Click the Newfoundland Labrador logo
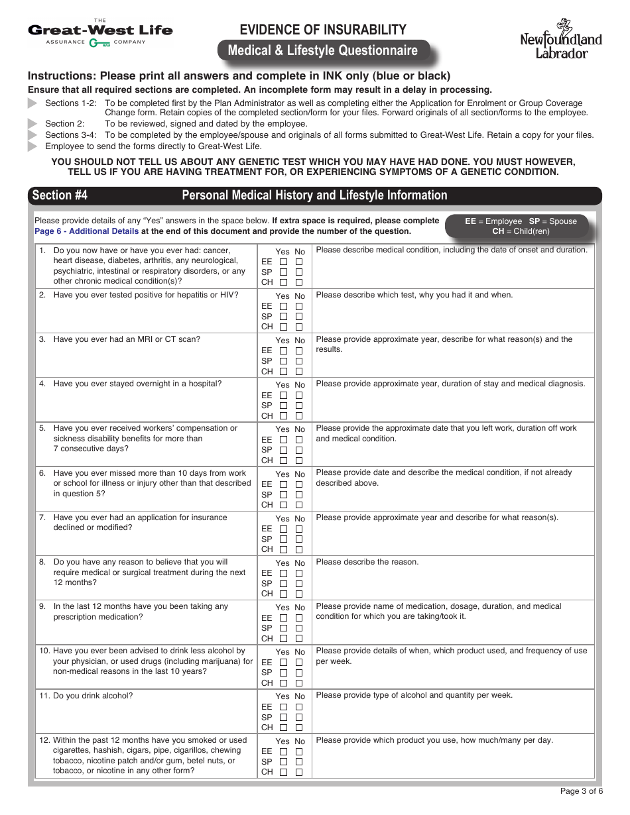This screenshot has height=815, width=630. click(x=561, y=40)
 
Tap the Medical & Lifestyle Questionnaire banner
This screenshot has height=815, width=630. click(x=323, y=51)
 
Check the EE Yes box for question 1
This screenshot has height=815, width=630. click(x=283, y=262)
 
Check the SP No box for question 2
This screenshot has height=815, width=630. click(x=299, y=317)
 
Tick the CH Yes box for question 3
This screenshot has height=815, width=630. click(x=283, y=372)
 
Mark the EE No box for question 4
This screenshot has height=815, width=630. click(x=299, y=396)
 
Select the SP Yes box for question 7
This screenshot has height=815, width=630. click(x=283, y=539)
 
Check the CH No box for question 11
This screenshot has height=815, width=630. click(x=299, y=728)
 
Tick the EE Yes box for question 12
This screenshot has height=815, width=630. click(x=283, y=751)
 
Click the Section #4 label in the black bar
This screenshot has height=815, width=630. click(x=60, y=195)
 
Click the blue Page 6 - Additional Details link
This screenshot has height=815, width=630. click(x=87, y=231)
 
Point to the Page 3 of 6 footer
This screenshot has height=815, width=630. click(x=581, y=790)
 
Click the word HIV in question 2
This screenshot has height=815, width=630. click(x=229, y=295)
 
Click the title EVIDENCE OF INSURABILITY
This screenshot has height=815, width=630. click(x=323, y=30)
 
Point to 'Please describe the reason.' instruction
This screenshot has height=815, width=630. click(x=367, y=562)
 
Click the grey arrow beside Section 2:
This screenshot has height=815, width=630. click(x=32, y=124)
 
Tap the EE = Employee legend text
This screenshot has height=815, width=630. click(x=493, y=221)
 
